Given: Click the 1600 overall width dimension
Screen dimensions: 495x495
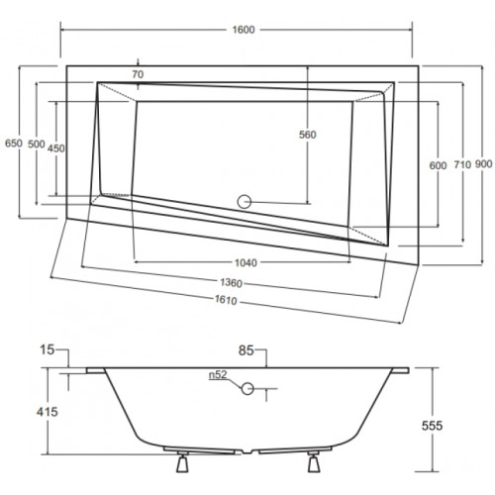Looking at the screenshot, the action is click(x=244, y=30).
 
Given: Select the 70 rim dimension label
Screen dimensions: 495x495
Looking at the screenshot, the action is click(x=138, y=74).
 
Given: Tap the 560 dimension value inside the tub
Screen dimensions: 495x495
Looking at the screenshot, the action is click(x=308, y=135).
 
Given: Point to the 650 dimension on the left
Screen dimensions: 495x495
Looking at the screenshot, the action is click(x=14, y=144).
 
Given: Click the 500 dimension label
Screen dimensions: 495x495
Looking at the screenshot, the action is click(x=37, y=145).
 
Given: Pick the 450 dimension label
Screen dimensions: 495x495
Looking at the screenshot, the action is click(x=56, y=148).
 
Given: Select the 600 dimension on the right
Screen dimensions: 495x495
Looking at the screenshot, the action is click(x=438, y=165).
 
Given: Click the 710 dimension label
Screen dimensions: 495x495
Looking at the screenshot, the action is click(x=462, y=164).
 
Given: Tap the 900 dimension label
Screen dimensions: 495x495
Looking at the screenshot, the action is click(x=484, y=163).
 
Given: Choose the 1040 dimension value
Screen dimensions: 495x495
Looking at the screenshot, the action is click(x=246, y=263).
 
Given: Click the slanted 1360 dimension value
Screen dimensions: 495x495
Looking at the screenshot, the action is click(x=231, y=283).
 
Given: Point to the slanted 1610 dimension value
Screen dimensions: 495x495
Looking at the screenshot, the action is click(x=226, y=300).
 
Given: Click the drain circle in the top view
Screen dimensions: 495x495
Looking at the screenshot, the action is click(x=245, y=202).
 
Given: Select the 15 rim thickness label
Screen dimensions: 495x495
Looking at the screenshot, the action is click(x=47, y=349).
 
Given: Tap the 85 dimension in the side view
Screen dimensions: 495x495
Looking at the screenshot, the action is click(x=247, y=350).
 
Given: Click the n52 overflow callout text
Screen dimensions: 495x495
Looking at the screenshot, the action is click(x=218, y=375).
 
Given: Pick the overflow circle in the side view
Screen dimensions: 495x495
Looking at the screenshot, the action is click(x=247, y=389).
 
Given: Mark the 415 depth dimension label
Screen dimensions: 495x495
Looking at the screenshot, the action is click(x=48, y=412).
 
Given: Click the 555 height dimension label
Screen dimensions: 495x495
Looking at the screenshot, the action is click(x=432, y=426).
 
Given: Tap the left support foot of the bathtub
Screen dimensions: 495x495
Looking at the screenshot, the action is click(x=182, y=462).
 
